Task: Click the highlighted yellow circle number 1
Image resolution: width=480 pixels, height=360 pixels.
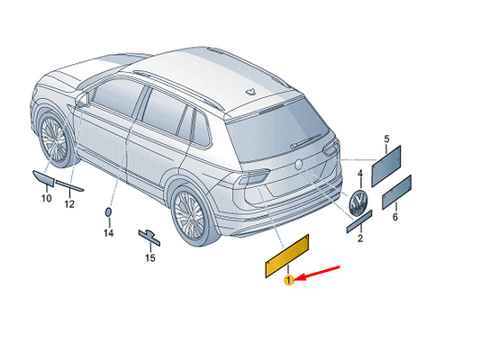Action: (x=289, y=280)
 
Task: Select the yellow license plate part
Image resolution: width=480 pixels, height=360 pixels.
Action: (x=287, y=256)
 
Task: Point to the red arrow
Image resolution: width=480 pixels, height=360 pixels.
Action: (x=319, y=273)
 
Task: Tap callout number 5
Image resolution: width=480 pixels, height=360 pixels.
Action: (x=386, y=139)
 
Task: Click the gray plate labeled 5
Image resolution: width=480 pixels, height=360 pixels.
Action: (x=386, y=166)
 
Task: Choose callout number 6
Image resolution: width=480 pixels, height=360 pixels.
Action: (x=395, y=217)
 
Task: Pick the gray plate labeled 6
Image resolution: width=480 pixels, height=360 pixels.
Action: (x=396, y=192)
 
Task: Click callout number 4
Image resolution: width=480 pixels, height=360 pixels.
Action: (x=360, y=174)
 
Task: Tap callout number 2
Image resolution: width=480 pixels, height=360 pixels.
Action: (x=360, y=238)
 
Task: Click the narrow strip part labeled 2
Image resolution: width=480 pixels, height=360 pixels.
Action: (x=359, y=221)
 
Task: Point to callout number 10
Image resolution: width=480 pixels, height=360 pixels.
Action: (x=47, y=198)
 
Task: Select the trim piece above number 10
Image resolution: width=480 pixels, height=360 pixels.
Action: (x=44, y=178)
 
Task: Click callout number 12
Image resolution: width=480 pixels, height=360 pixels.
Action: (x=69, y=204)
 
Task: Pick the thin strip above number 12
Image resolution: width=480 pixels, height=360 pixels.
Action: (x=70, y=185)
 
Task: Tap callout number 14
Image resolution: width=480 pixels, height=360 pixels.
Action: (x=109, y=233)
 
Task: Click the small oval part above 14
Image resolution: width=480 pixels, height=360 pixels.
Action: (x=108, y=211)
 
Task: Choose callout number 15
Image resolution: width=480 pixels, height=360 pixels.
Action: (x=150, y=258)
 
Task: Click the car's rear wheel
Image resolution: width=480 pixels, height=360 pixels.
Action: (x=190, y=215)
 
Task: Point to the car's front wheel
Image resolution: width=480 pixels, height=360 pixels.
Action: (x=55, y=140)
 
